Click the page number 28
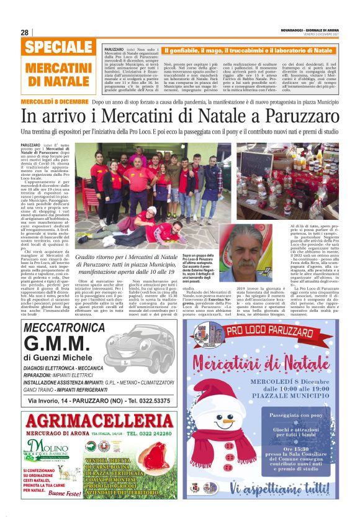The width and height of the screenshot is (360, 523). coord(24,32)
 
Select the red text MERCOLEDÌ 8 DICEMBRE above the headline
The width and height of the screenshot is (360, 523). coord(55,101)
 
